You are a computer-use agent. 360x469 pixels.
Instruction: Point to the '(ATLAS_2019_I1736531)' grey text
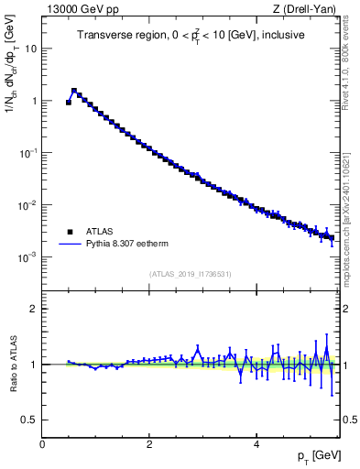191,273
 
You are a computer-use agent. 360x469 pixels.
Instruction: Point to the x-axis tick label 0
42,443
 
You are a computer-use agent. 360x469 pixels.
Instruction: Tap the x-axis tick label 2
149,443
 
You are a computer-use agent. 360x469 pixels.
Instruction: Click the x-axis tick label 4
256,443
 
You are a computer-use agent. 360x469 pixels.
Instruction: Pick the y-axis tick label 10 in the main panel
31,49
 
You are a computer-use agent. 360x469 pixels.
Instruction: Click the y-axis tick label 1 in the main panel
34,101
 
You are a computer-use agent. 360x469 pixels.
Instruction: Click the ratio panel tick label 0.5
30,420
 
